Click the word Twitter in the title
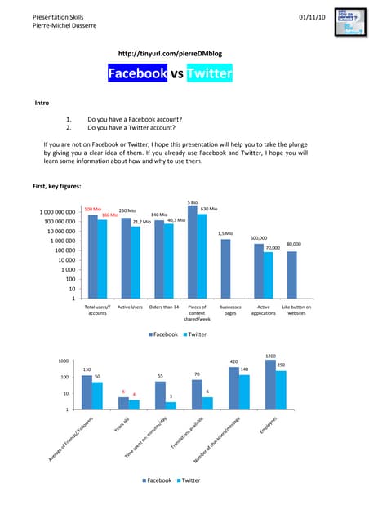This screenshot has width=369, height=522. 209,76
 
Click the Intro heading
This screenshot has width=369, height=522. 42,104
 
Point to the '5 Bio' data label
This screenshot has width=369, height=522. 192,201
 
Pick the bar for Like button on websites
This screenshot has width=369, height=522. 291,276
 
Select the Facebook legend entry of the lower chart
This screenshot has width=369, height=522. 158,480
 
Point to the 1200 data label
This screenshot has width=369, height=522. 271,356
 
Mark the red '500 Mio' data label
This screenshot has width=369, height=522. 92,210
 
